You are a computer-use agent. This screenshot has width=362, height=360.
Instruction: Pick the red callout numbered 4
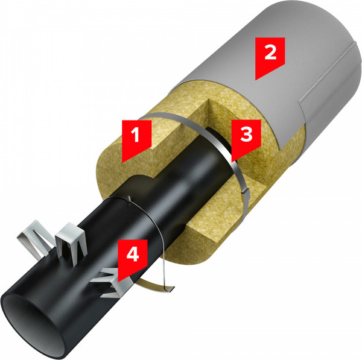pos(133,258)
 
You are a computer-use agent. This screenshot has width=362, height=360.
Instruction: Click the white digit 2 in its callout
pos(270,52)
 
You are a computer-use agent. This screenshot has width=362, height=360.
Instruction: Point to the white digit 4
pos(133,254)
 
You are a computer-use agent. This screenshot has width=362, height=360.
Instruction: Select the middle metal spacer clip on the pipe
pos(71,242)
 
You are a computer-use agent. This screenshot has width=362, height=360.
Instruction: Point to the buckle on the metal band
pos(245,191)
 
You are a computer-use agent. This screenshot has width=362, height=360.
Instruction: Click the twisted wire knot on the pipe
pos(129,198)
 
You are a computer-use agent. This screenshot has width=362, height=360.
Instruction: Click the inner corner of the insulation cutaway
pos(209,99)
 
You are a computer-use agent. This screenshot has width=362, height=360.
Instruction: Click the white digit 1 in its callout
pos(135,134)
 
